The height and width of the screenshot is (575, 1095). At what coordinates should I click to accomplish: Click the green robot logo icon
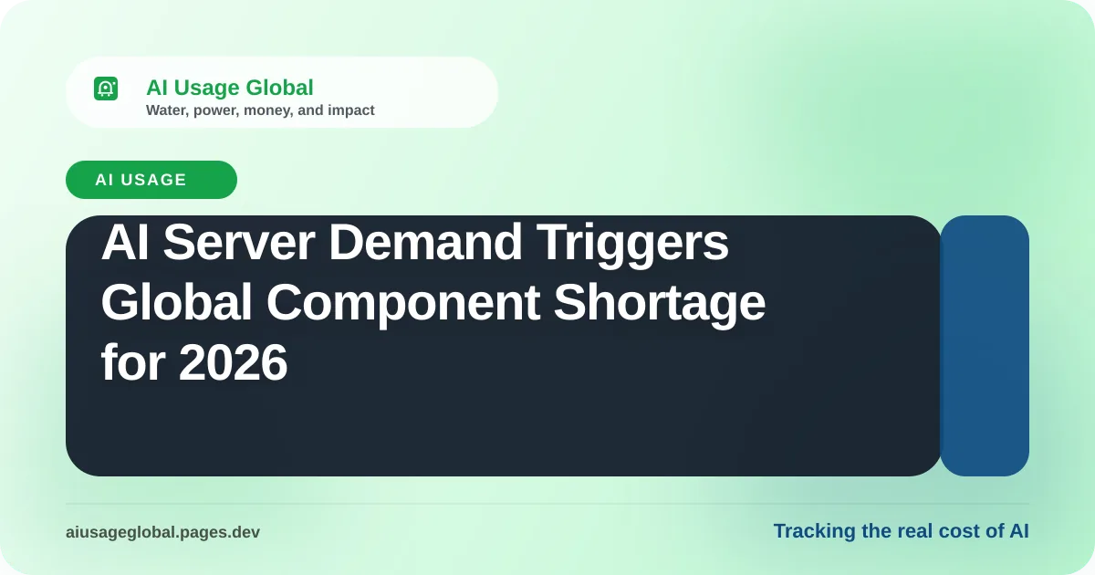[106, 89]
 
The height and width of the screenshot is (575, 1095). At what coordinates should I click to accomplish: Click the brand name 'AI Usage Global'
[230, 88]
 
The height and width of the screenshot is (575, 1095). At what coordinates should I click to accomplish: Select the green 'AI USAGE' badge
[151, 180]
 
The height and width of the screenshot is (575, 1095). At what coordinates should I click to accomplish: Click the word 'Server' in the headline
[239, 242]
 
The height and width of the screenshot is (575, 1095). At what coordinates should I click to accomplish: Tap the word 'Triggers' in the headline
[632, 244]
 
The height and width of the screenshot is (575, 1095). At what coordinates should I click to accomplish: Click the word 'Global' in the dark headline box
[176, 303]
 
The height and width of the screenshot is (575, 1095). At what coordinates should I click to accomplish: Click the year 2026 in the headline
[234, 362]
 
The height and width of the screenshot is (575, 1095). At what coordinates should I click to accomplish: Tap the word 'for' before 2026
[133, 362]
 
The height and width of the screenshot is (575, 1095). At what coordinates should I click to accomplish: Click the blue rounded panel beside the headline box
[985, 346]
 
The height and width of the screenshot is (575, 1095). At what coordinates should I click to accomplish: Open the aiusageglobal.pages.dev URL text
[162, 532]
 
